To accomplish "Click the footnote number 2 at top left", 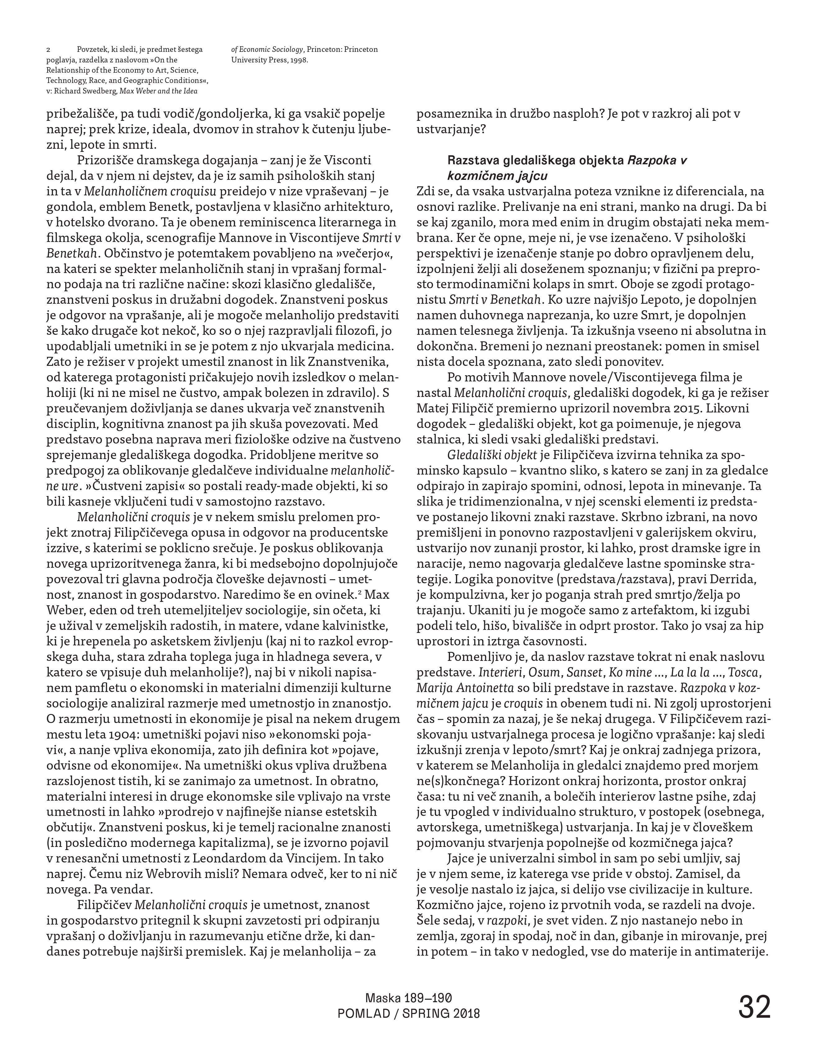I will (48, 50).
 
